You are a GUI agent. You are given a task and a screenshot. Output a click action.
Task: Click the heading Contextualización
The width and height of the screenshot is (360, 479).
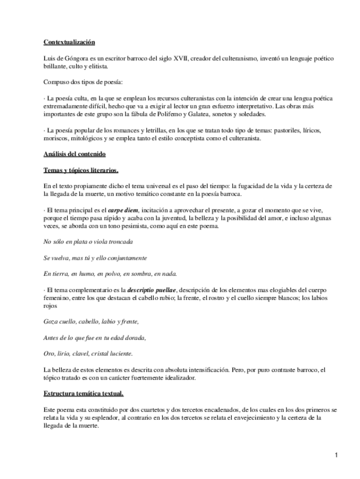[69, 42]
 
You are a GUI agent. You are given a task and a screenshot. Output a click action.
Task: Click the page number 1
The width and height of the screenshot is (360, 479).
[336, 455]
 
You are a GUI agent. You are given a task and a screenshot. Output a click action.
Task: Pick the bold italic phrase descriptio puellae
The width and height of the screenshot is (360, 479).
[153, 290]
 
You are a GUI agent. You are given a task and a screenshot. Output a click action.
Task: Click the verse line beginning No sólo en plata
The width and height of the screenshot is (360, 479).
[88, 242]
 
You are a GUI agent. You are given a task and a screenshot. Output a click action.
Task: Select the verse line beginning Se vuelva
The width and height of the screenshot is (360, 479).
[95, 258]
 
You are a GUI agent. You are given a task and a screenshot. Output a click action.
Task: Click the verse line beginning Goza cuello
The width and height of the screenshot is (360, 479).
[91, 322]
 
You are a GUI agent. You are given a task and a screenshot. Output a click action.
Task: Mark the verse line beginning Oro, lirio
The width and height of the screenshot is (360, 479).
[88, 354]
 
